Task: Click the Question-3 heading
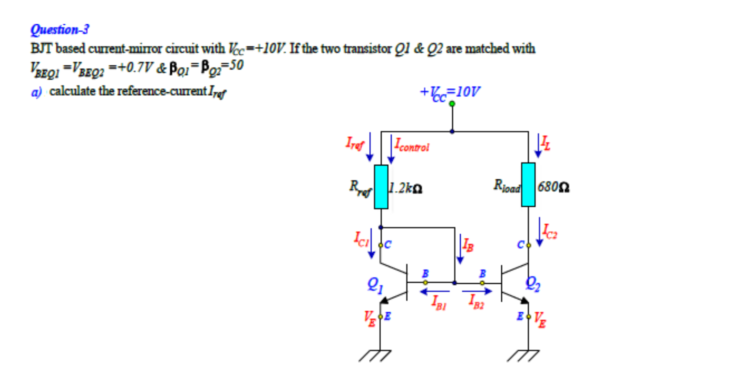tap(60, 30)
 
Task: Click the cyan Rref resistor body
tap(381, 186)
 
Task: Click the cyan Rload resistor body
tap(528, 184)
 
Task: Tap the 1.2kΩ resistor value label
tap(405, 188)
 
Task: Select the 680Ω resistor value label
tap(553, 187)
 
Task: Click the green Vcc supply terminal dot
tap(452, 104)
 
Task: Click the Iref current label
tap(355, 143)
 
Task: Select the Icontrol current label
tap(411, 145)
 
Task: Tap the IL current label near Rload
tap(546, 143)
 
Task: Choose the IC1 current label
tap(361, 239)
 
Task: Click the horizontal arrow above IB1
tap(435, 291)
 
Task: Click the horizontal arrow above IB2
tap(477, 291)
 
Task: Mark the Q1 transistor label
tap(375, 285)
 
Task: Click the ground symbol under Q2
tap(524, 355)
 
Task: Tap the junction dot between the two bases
tap(454, 282)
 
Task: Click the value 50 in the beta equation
tap(236, 65)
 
